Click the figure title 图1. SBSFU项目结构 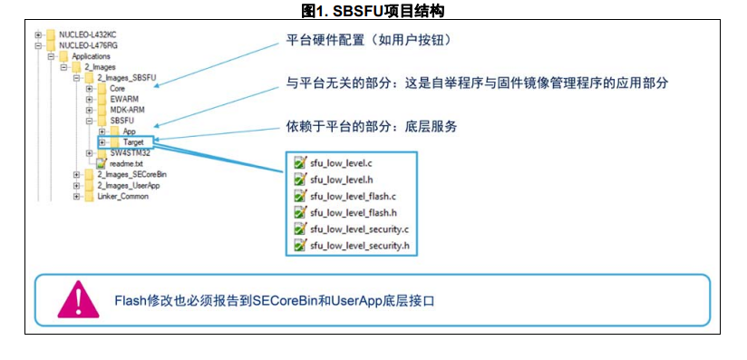coord(373,10)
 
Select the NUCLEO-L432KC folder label coord(88,34)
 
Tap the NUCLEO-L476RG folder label coord(88,45)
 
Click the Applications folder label coord(91,56)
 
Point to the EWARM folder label coord(123,99)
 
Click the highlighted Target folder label coord(133,142)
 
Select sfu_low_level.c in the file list coord(341,163)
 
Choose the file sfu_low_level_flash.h coord(353,213)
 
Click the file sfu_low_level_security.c coord(359,229)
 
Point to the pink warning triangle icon coord(78,300)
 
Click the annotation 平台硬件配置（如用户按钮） coord(368,40)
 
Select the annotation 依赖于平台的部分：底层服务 coord(371,127)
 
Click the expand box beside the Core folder coord(89,89)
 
